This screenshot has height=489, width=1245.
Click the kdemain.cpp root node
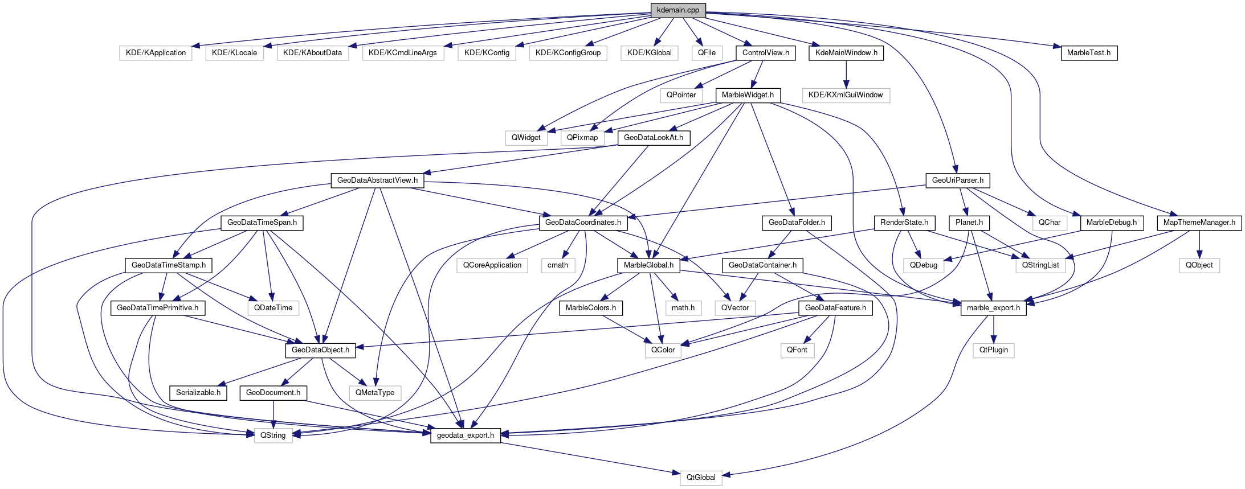pyautogui.click(x=677, y=10)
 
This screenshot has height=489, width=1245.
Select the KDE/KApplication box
pyautogui.click(x=156, y=53)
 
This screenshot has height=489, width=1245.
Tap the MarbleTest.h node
pyautogui.click(x=1088, y=53)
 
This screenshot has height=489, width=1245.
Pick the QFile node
pyautogui.click(x=707, y=53)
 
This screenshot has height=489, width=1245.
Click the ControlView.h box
pyautogui.click(x=765, y=53)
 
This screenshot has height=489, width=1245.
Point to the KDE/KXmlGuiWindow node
pyautogui.click(x=846, y=95)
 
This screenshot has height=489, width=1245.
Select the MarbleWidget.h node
pyautogui.click(x=748, y=95)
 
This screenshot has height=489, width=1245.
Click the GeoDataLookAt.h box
pyautogui.click(x=654, y=138)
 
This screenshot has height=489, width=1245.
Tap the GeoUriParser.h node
pyautogui.click(x=957, y=180)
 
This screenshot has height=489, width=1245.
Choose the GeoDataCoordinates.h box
pyautogui.click(x=583, y=223)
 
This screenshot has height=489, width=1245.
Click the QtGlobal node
pyautogui.click(x=700, y=478)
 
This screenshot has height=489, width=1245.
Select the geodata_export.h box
pyautogui.click(x=465, y=435)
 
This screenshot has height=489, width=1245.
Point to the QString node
pyautogui.click(x=273, y=435)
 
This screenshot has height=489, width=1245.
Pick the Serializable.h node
pyautogui.click(x=198, y=393)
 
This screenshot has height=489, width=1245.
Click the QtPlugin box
pyautogui.click(x=993, y=350)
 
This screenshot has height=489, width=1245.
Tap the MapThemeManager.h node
pyautogui.click(x=1199, y=223)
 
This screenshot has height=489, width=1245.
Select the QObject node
pyautogui.click(x=1199, y=265)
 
